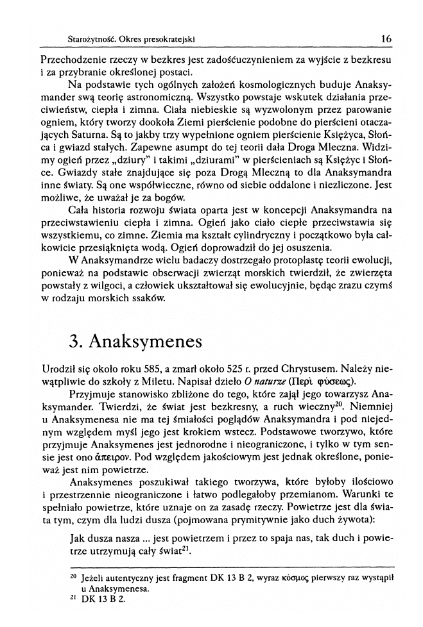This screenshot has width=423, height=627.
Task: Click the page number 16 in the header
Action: coord(386,39)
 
